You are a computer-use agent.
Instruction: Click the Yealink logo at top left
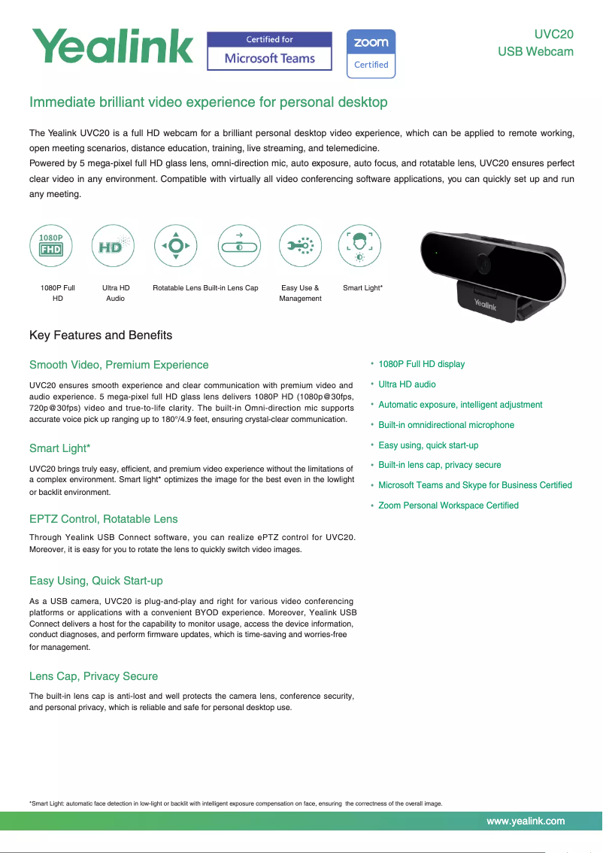point(111,47)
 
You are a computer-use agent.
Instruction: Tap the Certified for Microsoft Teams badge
point(269,51)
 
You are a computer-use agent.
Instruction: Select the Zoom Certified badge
point(371,53)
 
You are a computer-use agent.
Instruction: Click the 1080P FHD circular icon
point(50,245)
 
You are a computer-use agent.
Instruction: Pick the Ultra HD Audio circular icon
point(113,245)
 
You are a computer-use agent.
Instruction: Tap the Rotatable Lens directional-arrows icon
point(175,245)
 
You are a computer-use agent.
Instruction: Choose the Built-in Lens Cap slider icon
point(240,245)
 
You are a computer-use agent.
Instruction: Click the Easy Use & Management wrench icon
point(301,245)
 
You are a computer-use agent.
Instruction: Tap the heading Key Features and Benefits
point(101,335)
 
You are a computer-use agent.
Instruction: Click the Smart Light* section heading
point(60,448)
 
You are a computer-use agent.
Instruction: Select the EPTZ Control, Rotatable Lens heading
point(104,519)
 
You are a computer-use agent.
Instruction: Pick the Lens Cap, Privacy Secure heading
point(93,676)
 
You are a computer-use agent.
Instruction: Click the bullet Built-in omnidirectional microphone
point(446,425)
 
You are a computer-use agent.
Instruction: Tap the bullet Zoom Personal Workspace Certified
point(448,505)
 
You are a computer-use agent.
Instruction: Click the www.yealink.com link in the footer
point(526,821)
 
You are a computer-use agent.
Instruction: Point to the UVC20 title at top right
point(553,34)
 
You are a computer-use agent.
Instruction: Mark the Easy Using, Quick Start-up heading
point(96,581)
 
